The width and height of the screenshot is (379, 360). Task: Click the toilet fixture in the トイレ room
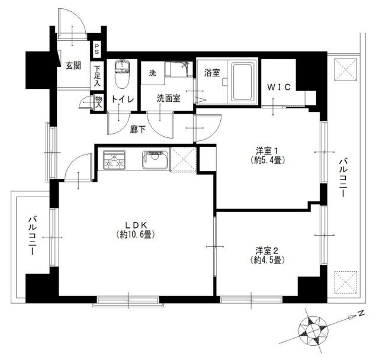122,73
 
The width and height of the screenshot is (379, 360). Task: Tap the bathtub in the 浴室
243,82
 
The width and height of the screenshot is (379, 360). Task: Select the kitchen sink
155,160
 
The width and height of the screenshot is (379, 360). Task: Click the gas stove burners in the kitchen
114,160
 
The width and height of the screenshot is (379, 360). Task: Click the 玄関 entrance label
73,66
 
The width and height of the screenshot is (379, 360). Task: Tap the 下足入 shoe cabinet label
97,76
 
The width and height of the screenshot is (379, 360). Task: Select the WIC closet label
279,87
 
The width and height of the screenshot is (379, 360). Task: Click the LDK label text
136,225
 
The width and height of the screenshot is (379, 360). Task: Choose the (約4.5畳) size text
266,260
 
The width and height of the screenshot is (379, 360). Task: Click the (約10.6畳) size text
136,234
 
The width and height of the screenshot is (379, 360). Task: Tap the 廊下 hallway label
138,130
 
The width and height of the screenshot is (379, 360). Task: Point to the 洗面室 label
168,98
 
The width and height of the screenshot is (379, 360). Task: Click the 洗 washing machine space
153,73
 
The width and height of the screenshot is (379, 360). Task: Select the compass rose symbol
313,330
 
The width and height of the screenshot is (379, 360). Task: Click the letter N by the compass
361,314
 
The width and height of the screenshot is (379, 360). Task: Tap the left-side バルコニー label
32,236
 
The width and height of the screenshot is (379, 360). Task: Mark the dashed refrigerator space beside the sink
183,159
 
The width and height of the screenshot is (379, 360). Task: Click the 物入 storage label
99,102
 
